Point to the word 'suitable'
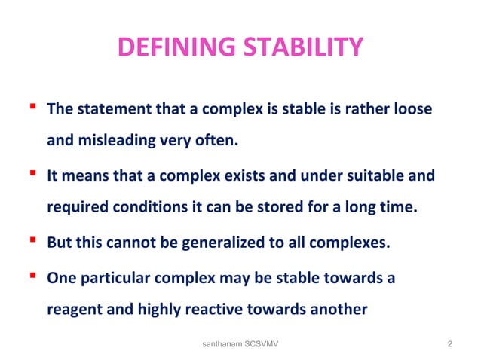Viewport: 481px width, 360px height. tap(381, 177)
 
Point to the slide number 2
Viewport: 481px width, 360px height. tap(449, 344)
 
